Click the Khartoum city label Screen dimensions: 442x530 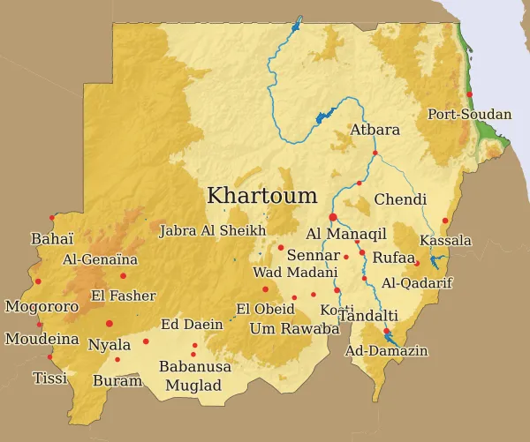pyautogui.click(x=261, y=196)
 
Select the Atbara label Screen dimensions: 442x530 pyautogui.click(x=375, y=130)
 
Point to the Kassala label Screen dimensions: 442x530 pyautogui.click(x=446, y=240)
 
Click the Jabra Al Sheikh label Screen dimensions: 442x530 pyautogui.click(x=212, y=231)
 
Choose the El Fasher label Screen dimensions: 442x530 pyautogui.click(x=124, y=296)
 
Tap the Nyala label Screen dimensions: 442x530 pyautogui.click(x=110, y=344)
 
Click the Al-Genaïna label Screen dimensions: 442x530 pyautogui.click(x=101, y=259)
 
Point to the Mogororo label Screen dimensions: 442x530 pyautogui.click(x=42, y=307)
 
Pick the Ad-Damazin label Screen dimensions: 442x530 pyautogui.click(x=387, y=351)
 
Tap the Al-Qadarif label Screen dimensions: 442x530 pyautogui.click(x=417, y=282)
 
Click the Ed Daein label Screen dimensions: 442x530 pyautogui.click(x=192, y=324)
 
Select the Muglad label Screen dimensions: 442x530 pyautogui.click(x=194, y=385)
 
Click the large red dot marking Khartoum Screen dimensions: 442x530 pyautogui.click(x=333, y=217)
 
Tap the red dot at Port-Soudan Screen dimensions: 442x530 pyautogui.click(x=470, y=94)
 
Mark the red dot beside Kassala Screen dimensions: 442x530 pyautogui.click(x=445, y=221)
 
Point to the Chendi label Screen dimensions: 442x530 pyautogui.click(x=400, y=199)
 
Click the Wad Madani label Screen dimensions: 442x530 pyautogui.click(x=286, y=272)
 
